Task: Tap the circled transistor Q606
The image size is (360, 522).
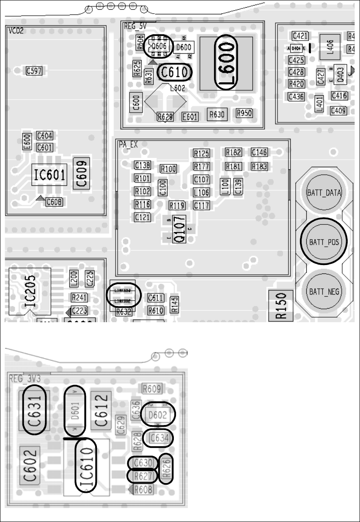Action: pos(159,46)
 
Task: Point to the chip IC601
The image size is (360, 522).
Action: pos(49,174)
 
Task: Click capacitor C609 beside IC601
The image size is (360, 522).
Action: pos(82,173)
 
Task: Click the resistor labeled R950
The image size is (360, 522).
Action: pos(245,113)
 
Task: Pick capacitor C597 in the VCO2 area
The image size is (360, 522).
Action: pos(33,71)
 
